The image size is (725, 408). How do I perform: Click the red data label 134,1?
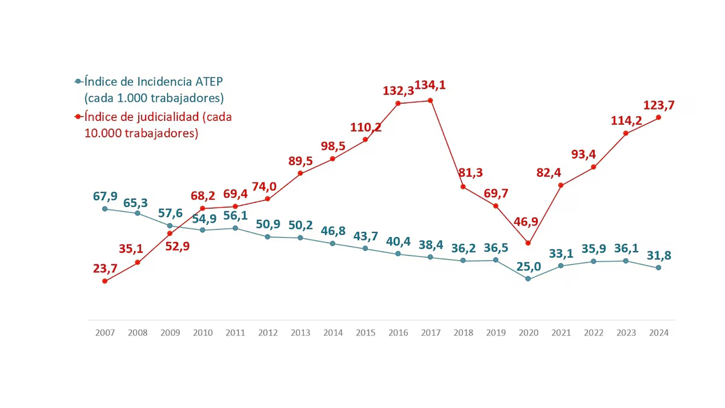point(430,85)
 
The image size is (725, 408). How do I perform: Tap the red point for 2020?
point(528,243)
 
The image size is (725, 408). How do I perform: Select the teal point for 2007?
point(105,209)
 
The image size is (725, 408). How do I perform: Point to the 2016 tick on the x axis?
point(398,333)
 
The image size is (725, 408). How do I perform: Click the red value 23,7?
point(105,268)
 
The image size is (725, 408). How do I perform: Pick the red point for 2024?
point(659,117)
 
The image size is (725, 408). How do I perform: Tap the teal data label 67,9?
point(105,195)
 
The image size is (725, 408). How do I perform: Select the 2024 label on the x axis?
point(658,333)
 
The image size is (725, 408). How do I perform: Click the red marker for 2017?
point(430,100)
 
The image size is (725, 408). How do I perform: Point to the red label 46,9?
point(526,221)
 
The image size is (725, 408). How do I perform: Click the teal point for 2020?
point(528,279)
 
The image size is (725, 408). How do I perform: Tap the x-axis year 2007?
point(105,333)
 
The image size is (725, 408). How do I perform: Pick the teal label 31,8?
point(659,255)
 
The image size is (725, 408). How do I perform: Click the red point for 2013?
point(300,173)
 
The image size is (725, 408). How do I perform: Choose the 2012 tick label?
point(268,333)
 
